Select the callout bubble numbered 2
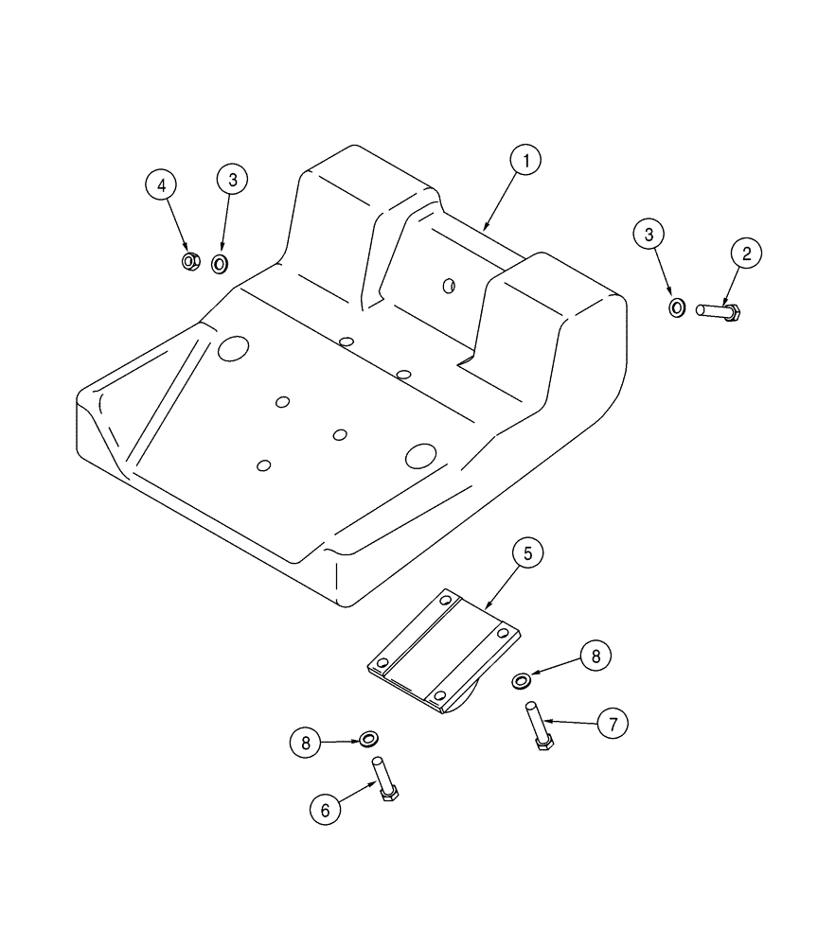745,253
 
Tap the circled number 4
162,184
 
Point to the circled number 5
527,552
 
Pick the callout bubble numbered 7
613,725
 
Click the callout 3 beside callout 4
232,178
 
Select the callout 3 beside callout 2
649,236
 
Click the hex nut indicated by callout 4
189,261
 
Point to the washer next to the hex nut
220,263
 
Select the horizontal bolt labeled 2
719,309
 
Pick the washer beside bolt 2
678,307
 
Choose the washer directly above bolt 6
369,736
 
